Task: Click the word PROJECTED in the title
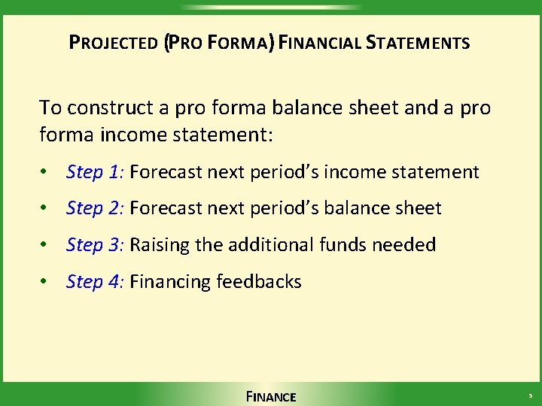point(113,43)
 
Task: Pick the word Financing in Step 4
point(170,282)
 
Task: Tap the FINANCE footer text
point(271,396)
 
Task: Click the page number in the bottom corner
point(529,395)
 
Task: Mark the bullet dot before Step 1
point(47,173)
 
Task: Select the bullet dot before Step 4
point(47,283)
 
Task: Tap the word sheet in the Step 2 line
point(418,208)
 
